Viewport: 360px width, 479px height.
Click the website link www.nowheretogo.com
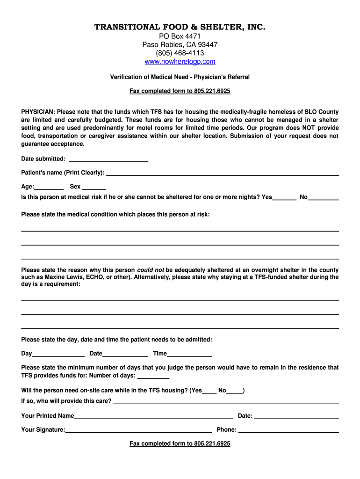click(x=180, y=62)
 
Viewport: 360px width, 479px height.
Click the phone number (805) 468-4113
click(x=180, y=53)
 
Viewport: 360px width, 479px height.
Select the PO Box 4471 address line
click(x=180, y=36)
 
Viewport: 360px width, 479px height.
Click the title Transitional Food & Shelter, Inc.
click(x=180, y=27)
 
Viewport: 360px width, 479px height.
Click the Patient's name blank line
click(x=223, y=173)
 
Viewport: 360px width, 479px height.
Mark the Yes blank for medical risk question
click(x=284, y=197)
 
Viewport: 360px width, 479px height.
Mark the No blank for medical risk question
click(x=324, y=197)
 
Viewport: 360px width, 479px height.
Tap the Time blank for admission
click(x=189, y=354)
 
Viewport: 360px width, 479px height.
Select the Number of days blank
click(x=153, y=376)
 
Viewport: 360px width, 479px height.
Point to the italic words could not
click(x=150, y=270)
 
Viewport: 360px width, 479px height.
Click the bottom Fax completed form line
click(x=180, y=443)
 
